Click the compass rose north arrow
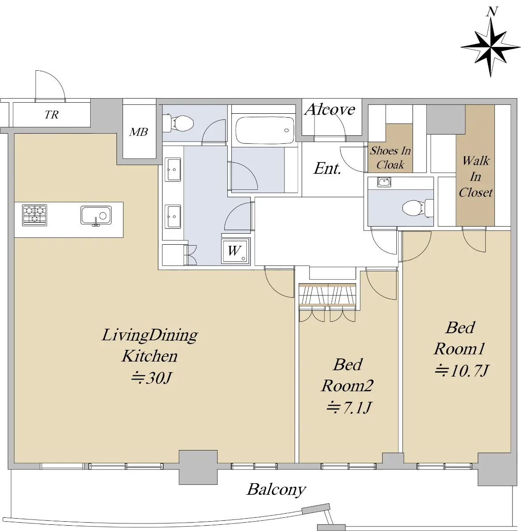490,47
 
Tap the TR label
51,115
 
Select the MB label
138,132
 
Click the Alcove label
330,109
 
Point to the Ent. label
327,168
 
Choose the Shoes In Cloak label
390,158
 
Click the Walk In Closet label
475,177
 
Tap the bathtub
265,131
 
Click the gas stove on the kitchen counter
34,215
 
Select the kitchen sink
96,215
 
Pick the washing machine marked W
236,250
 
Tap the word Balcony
276,489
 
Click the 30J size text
151,377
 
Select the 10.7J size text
461,370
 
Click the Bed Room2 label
348,375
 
